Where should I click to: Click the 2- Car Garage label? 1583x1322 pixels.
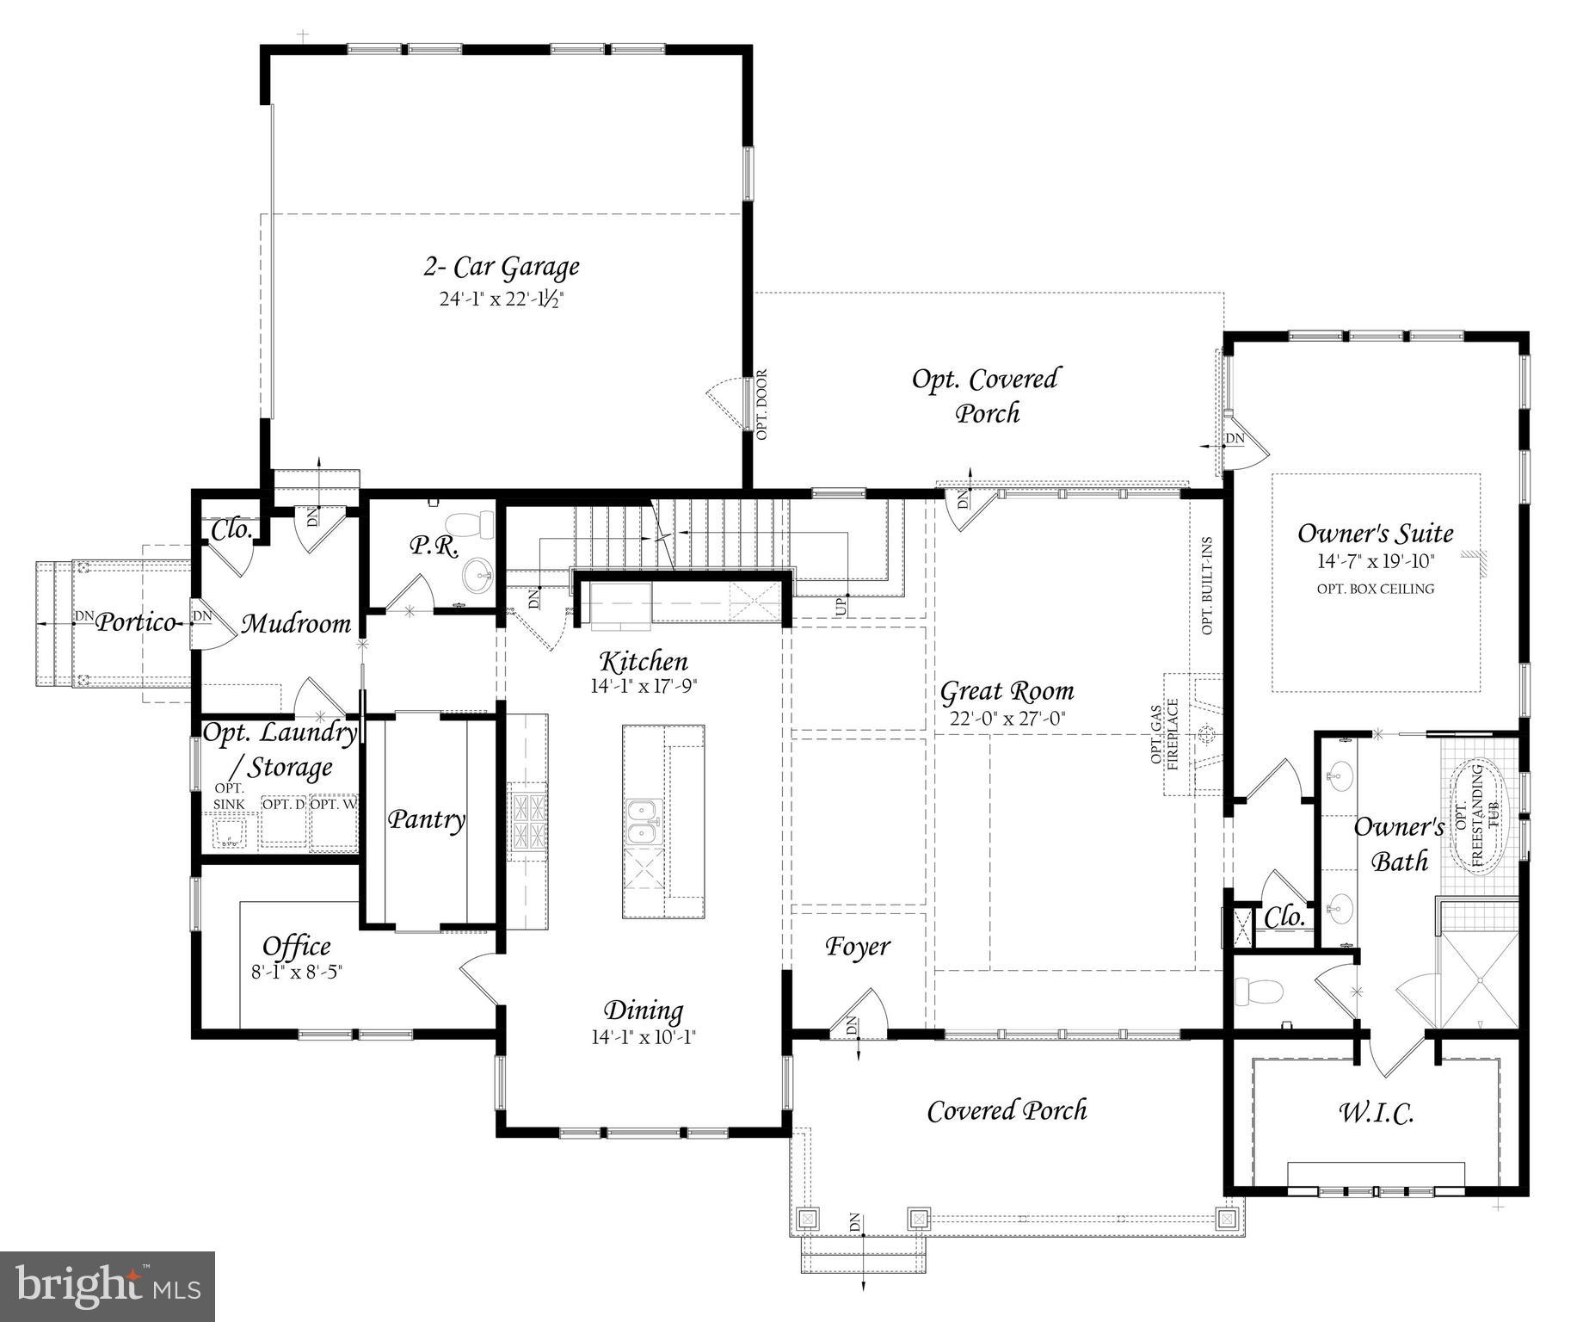pyautogui.click(x=501, y=267)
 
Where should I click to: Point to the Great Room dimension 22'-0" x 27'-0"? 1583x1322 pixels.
pyautogui.click(x=1007, y=719)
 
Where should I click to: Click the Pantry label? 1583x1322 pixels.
pyautogui.click(x=426, y=819)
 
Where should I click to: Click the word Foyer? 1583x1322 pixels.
pyautogui.click(x=858, y=946)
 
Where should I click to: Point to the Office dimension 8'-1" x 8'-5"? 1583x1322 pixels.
pyautogui.click(x=296, y=972)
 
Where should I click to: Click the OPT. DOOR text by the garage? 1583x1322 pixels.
pyautogui.click(x=761, y=405)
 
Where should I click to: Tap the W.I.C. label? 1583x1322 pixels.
pyautogui.click(x=1376, y=1114)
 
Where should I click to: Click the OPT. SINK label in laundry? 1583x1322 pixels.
pyautogui.click(x=229, y=796)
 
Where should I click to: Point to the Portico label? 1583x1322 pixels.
pyautogui.click(x=135, y=621)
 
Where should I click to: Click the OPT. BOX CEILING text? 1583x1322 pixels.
pyautogui.click(x=1375, y=590)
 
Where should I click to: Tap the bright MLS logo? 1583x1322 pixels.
pyautogui.click(x=108, y=1287)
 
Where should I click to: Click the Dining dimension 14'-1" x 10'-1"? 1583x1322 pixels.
pyautogui.click(x=643, y=1037)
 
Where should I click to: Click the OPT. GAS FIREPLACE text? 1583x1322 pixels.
pyautogui.click(x=1165, y=734)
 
